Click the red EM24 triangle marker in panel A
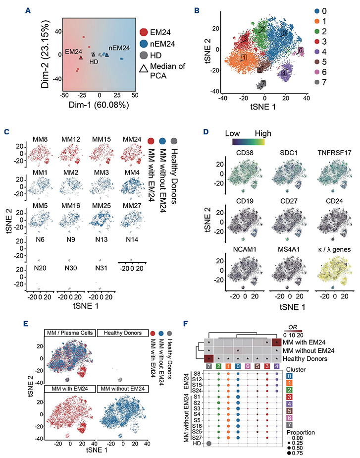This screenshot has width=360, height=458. click(81, 57)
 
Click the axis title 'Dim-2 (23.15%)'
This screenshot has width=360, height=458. click(47, 54)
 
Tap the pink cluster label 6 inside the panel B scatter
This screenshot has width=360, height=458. click(300, 51)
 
